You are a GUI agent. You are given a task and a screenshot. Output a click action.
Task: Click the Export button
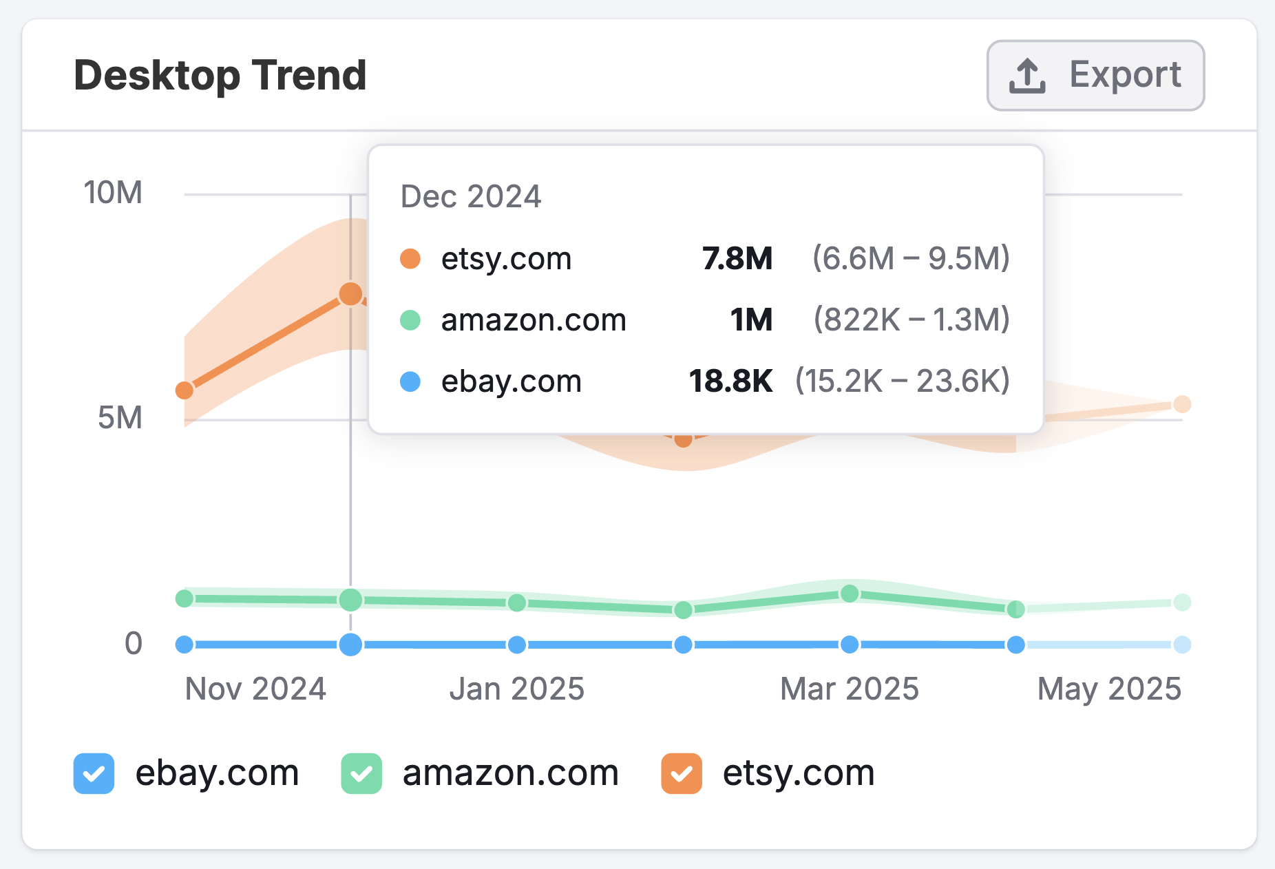point(1095,75)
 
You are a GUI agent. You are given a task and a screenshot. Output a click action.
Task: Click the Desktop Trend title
point(220,75)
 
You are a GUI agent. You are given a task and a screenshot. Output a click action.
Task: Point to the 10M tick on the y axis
point(113,193)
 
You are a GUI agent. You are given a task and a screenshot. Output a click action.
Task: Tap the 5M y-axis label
point(120,418)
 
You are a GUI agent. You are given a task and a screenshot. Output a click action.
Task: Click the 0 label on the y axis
point(134,643)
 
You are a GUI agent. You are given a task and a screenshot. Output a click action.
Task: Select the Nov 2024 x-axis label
point(255,689)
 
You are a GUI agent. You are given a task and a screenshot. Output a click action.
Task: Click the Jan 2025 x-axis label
point(516,689)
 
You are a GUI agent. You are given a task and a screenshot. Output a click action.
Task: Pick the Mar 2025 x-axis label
point(849,689)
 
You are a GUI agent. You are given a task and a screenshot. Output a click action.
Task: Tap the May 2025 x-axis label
point(1109,689)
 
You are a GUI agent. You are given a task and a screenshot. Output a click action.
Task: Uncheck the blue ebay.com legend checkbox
point(94,773)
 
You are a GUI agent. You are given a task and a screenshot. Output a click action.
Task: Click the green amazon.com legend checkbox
point(361,773)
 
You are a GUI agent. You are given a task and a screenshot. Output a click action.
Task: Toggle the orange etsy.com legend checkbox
point(682,773)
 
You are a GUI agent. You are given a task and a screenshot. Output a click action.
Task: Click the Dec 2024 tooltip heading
point(471,197)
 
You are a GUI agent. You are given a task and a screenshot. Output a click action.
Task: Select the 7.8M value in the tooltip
point(737,259)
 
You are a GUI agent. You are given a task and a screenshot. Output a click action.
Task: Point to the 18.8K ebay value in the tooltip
point(730,381)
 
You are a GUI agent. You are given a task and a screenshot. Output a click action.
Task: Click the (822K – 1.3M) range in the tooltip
point(912,320)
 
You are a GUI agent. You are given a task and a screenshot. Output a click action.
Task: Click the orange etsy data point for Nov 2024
point(185,390)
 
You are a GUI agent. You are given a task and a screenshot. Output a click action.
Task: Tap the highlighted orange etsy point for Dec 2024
point(350,294)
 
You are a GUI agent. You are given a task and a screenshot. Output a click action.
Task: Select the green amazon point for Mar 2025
point(850,594)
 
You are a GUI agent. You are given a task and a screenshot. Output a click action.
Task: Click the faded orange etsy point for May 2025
point(1182,404)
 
